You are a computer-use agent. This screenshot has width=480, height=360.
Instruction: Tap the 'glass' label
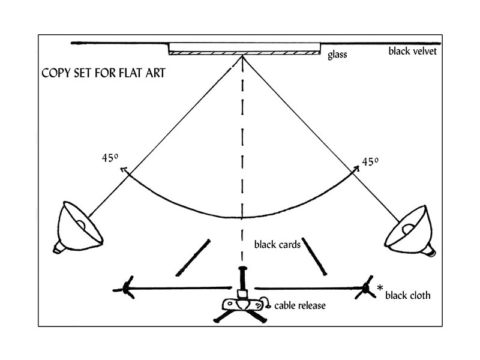click(x=337, y=55)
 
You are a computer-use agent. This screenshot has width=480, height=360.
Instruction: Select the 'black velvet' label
click(x=416, y=51)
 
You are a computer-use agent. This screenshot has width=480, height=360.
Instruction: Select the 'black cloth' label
click(x=407, y=295)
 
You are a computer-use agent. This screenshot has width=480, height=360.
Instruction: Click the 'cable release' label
click(x=300, y=306)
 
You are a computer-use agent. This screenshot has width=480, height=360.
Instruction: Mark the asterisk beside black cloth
click(x=380, y=289)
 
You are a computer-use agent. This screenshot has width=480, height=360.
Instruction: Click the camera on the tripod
click(x=242, y=303)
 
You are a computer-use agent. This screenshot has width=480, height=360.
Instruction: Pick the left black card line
click(x=193, y=257)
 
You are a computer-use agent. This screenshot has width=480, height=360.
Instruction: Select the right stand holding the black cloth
click(x=366, y=289)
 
